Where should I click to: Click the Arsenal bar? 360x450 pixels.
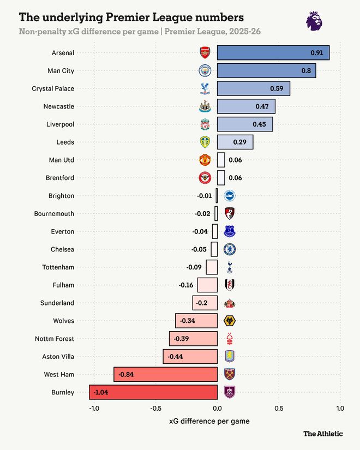point(273,53)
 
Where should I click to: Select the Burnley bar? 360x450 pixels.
point(153,392)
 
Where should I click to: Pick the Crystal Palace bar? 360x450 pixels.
point(253,88)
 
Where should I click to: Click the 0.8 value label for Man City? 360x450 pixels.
point(306,71)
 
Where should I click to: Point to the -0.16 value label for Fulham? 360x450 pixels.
point(187,285)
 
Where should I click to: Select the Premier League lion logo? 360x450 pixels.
point(314,21)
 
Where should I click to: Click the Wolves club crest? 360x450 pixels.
point(230,321)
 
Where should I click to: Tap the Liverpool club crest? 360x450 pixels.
point(205,124)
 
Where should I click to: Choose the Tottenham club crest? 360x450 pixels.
point(230,267)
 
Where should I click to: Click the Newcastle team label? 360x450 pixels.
point(59,106)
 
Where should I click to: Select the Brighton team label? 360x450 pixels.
point(61,196)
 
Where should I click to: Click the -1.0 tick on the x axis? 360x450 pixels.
point(93,409)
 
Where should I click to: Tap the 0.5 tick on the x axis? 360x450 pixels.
point(279,409)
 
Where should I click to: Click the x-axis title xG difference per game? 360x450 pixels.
point(210,421)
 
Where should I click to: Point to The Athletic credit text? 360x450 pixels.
point(323,434)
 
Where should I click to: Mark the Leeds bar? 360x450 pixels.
point(235,142)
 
